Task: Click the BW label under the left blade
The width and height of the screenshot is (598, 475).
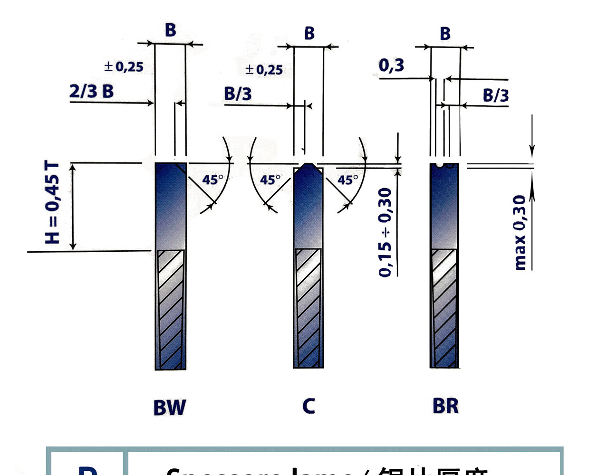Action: [169, 408]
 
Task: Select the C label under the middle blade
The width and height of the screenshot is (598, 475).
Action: [309, 406]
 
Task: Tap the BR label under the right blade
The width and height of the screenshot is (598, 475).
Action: [445, 406]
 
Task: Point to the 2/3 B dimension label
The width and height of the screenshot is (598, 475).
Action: [92, 91]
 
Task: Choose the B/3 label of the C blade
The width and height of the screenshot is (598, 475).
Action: [238, 94]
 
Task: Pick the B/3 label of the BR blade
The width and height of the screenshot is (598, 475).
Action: [495, 95]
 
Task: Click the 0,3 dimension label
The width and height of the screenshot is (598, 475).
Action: [391, 65]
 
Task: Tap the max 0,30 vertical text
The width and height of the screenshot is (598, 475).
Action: [520, 232]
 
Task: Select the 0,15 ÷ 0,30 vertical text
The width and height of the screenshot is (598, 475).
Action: [385, 232]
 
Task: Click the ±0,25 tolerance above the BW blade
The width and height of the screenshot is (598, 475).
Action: [124, 66]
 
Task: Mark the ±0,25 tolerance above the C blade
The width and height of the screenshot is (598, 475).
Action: [264, 70]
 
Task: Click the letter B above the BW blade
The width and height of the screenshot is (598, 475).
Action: [170, 30]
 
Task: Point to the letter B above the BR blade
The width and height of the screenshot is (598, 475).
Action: [445, 34]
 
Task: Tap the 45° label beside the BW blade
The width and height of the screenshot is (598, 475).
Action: [212, 180]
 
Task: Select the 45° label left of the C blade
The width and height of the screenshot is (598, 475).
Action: [270, 180]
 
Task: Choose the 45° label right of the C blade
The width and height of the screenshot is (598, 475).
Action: [347, 180]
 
